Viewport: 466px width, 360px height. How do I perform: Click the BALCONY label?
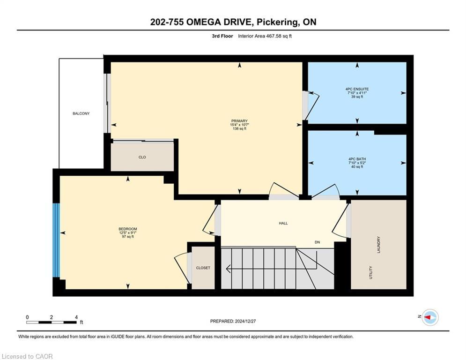click(x=81, y=113)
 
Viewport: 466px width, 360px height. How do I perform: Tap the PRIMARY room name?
click(x=239, y=121)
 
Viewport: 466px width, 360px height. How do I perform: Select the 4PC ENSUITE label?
click(x=357, y=89)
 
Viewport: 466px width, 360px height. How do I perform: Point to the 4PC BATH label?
click(x=357, y=159)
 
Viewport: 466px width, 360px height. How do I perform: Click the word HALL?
click(x=283, y=223)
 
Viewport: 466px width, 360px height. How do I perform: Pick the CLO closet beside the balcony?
click(x=142, y=157)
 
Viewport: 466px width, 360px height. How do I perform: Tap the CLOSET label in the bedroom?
click(x=203, y=268)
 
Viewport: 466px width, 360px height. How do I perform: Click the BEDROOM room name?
click(x=128, y=229)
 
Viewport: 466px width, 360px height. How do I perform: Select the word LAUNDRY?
click(x=378, y=245)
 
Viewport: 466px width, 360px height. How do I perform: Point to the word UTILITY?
click(x=370, y=272)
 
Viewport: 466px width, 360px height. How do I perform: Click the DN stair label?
click(x=318, y=242)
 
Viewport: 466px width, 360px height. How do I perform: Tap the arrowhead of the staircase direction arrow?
click(x=227, y=269)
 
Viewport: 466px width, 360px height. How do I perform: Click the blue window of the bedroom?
click(x=56, y=240)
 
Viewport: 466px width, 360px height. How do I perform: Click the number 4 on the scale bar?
click(x=76, y=317)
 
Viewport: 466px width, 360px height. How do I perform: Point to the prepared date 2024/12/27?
click(x=245, y=321)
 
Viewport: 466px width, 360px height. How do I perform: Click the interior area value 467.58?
click(x=269, y=36)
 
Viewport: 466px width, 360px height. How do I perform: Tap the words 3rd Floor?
click(x=222, y=36)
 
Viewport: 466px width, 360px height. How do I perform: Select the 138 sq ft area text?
click(x=239, y=129)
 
